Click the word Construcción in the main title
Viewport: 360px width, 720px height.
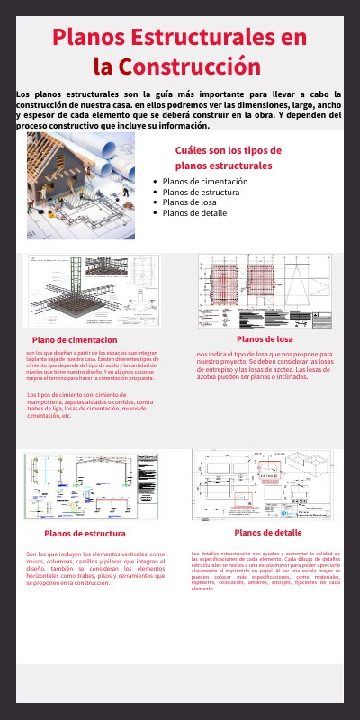pos(190,67)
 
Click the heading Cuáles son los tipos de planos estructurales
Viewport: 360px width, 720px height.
pos(228,158)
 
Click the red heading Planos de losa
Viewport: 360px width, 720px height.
pos(265,338)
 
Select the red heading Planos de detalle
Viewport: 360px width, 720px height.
pos(268,533)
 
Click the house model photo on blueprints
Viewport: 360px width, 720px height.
pos(81,186)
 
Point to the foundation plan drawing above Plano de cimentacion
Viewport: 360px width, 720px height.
pos(92,291)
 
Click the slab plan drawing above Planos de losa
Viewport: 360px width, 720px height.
pos(265,291)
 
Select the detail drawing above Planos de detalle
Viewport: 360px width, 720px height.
pos(263,484)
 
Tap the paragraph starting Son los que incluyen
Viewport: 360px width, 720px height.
pos(95,568)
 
